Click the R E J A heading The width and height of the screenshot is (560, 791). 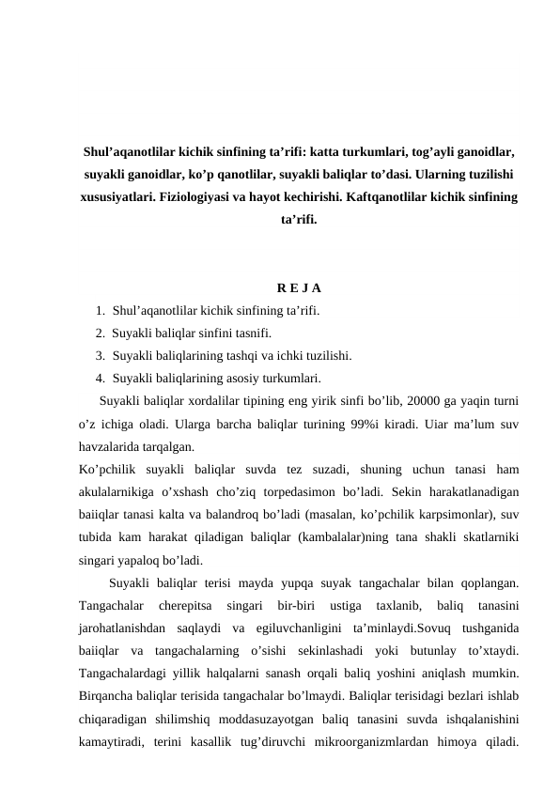click(x=298, y=287)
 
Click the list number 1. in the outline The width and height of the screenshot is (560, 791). click(x=101, y=310)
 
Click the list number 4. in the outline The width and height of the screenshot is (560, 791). click(x=101, y=380)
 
